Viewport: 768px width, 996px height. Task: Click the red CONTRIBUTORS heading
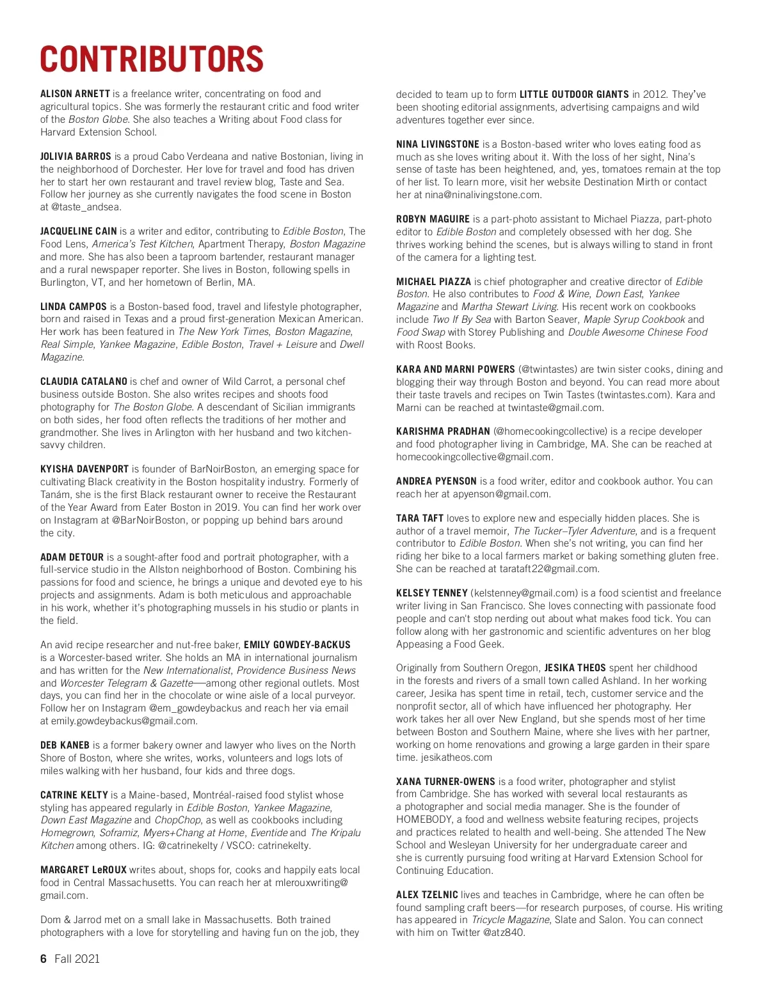click(x=152, y=59)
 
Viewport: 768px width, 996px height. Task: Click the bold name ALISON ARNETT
click(x=75, y=94)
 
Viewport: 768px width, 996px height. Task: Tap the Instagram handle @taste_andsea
click(x=86, y=207)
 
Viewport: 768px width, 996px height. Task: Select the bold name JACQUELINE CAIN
click(x=78, y=231)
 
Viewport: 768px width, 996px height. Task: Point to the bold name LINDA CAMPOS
click(x=74, y=307)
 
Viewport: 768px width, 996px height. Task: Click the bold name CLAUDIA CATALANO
click(x=84, y=382)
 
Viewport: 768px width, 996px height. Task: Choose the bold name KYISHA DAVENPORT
click(x=84, y=469)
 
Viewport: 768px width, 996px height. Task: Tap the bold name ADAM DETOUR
click(x=72, y=557)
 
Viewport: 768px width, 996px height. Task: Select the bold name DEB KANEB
click(x=65, y=745)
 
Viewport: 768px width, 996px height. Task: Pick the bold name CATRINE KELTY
click(x=74, y=795)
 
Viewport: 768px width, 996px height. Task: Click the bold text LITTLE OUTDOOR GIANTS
click(x=574, y=95)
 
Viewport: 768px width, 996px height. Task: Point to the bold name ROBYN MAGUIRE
click(x=433, y=219)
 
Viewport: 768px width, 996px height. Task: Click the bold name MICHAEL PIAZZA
click(x=433, y=282)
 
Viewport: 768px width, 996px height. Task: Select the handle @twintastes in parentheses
click(x=548, y=370)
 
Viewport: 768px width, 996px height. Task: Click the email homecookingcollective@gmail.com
click(x=474, y=457)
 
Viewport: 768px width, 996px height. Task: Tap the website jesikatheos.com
click(x=456, y=758)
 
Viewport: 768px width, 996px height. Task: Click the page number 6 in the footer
click(x=44, y=959)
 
